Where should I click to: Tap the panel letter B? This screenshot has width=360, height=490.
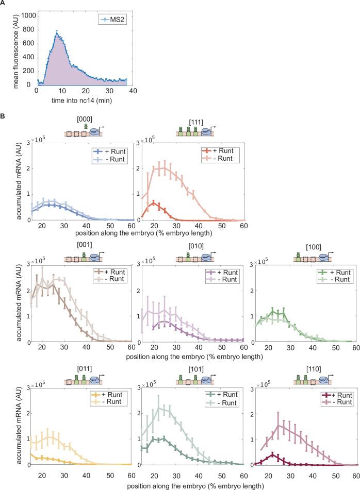point(4,117)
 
